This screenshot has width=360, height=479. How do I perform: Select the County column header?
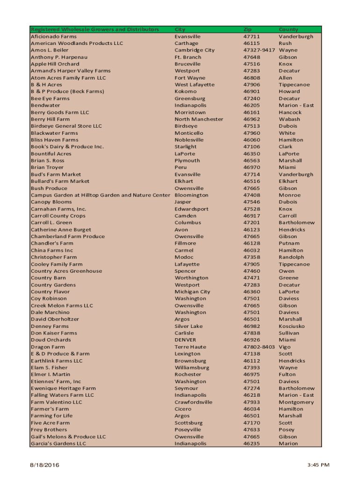[288, 29]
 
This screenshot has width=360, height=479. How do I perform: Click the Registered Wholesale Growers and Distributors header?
[95, 29]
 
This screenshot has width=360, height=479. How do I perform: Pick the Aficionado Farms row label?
[54, 36]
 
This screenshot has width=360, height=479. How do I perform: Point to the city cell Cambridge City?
[194, 50]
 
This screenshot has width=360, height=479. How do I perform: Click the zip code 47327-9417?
[259, 50]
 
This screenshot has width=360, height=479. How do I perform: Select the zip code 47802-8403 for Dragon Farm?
[259, 347]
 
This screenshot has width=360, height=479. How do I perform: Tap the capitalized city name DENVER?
[186, 340]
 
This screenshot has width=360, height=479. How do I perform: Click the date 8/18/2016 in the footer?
[46, 465]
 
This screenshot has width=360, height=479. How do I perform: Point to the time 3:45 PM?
[319, 465]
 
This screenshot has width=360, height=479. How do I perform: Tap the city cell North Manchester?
[199, 119]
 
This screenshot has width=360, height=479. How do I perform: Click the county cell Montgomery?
[296, 402]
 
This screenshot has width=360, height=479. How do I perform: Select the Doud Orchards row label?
[51, 340]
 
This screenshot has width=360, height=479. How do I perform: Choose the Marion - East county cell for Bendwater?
[296, 105]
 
